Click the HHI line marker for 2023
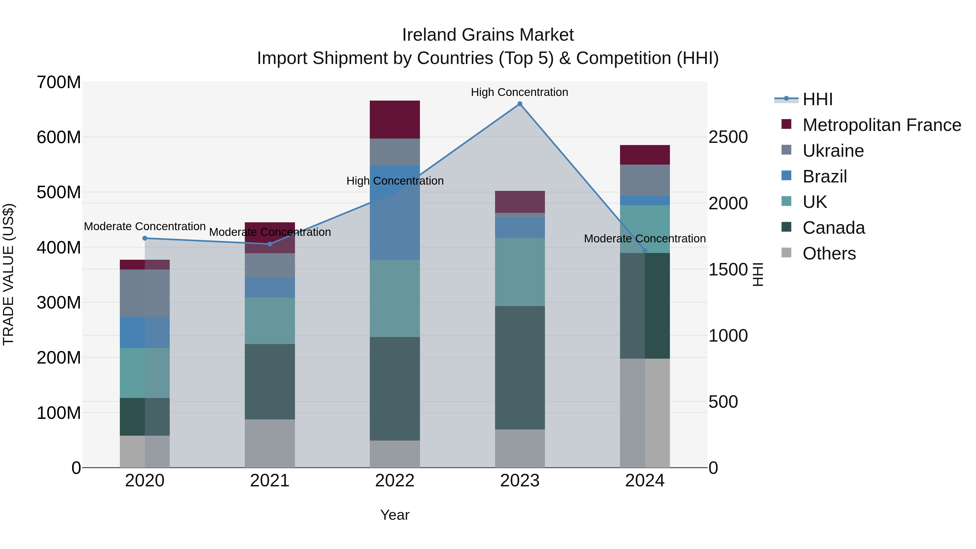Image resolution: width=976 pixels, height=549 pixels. (x=520, y=104)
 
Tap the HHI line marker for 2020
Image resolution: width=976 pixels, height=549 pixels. (x=145, y=238)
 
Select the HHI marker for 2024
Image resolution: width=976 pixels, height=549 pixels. (x=645, y=251)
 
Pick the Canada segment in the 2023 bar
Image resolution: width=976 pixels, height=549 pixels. (x=520, y=368)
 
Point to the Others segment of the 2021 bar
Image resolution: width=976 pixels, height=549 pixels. (x=270, y=443)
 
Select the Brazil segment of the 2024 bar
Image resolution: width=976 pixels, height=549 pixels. (x=645, y=200)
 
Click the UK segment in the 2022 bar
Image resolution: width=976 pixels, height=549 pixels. (x=395, y=298)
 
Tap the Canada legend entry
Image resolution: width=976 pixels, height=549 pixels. (x=834, y=228)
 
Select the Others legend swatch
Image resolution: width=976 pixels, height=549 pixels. (x=786, y=253)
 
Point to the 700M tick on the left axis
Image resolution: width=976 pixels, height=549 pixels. (x=59, y=82)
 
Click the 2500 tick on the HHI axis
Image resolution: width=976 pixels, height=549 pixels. (x=728, y=137)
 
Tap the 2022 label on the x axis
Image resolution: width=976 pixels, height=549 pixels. (x=395, y=481)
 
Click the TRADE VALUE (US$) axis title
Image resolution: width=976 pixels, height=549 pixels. (x=8, y=274)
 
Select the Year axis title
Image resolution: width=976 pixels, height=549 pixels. (x=395, y=515)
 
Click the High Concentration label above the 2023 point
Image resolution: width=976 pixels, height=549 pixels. (x=519, y=92)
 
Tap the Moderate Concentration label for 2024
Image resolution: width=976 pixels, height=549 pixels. (x=645, y=239)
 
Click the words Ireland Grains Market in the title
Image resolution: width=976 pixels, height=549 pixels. (x=488, y=35)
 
